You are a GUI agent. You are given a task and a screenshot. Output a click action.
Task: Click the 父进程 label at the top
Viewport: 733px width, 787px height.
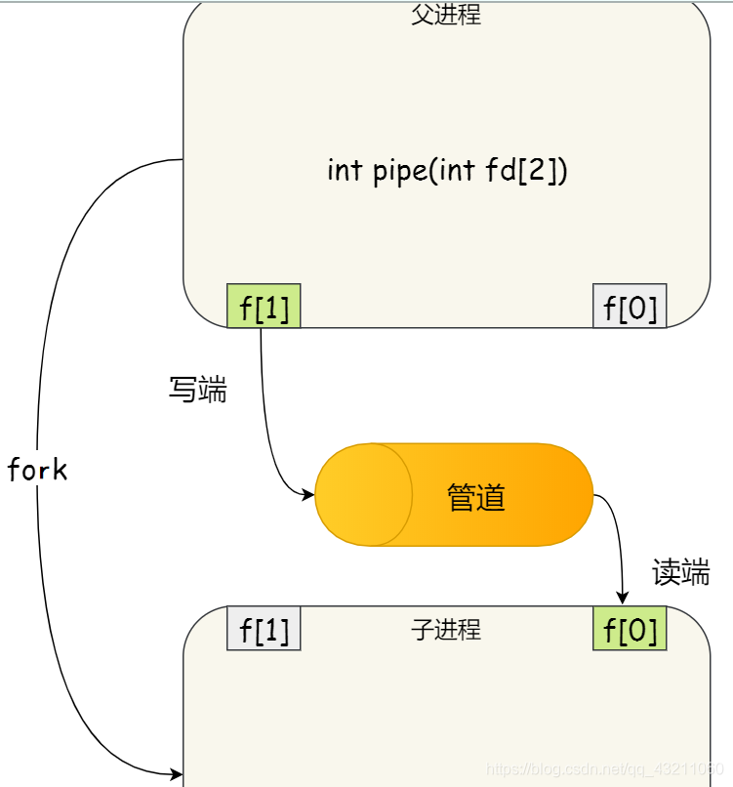coord(446,16)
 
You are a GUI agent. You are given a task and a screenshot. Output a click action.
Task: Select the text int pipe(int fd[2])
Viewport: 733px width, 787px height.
coord(447,171)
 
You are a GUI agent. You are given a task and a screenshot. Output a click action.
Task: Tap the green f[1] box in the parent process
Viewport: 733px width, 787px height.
coord(264,307)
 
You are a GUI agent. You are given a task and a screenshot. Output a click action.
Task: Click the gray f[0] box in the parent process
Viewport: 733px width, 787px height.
coord(630,307)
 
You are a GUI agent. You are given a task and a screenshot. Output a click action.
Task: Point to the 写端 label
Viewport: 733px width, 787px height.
coord(197,391)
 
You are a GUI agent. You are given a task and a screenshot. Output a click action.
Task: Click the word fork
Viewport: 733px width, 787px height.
coord(37,471)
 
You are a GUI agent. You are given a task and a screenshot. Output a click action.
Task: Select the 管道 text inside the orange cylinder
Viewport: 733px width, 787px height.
coord(476,498)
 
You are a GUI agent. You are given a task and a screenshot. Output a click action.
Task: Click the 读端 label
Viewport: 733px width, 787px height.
coord(680,573)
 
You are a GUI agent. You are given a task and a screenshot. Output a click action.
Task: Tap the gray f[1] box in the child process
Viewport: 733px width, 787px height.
coord(264,629)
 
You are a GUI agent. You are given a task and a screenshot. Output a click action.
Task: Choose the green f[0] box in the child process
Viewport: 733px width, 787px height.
coord(630,629)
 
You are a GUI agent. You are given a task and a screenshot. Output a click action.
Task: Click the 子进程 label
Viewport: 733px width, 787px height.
coord(446,630)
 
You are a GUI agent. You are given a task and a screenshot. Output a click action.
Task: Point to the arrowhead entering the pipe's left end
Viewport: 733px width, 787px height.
coord(308,495)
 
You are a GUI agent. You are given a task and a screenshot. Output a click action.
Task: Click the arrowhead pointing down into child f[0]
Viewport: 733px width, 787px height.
coord(622,599)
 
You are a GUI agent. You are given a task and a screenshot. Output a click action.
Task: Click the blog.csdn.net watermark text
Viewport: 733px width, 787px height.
coord(604,770)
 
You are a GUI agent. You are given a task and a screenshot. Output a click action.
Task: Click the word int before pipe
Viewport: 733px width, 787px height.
coord(345,171)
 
